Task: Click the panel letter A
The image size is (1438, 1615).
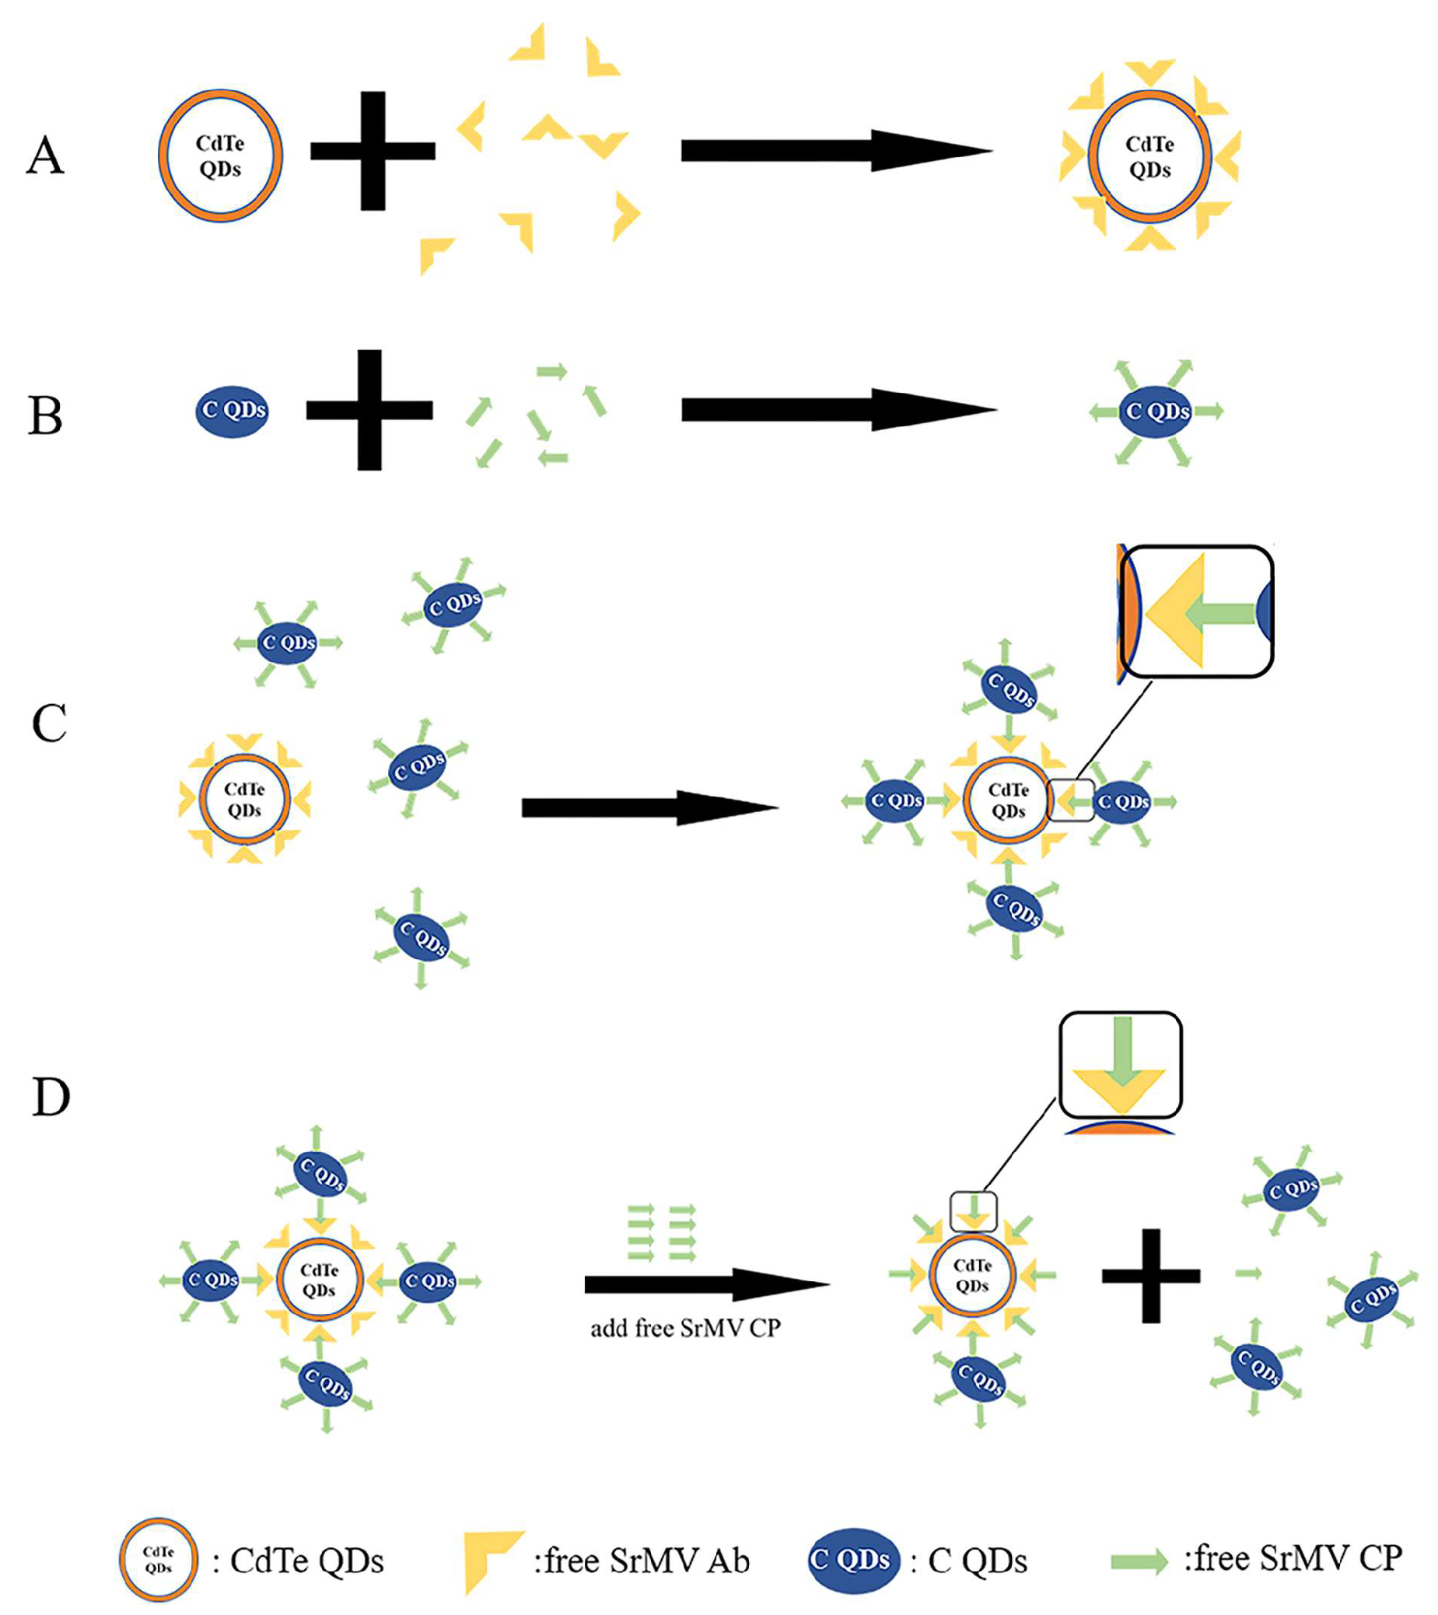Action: coord(45,155)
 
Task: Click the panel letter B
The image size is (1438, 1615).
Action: coord(45,415)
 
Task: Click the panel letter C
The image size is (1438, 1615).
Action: coord(49,723)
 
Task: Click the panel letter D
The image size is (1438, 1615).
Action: coord(51,1098)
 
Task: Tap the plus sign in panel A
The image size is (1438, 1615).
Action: coord(373,151)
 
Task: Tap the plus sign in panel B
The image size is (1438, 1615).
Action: coord(369,410)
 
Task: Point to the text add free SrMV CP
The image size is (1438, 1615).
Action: coord(685,1328)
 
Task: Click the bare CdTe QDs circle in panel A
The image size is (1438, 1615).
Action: coord(220,156)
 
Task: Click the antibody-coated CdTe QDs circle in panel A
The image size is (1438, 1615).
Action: coord(1149,156)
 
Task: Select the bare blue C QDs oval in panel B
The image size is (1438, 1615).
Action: coord(233,411)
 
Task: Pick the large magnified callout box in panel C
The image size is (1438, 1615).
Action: coord(1197,611)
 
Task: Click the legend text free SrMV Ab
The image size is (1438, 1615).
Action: coord(642,1561)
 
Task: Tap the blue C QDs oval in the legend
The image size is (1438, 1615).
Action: coord(852,1560)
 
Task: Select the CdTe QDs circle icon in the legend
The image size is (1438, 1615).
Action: coord(159,1560)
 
